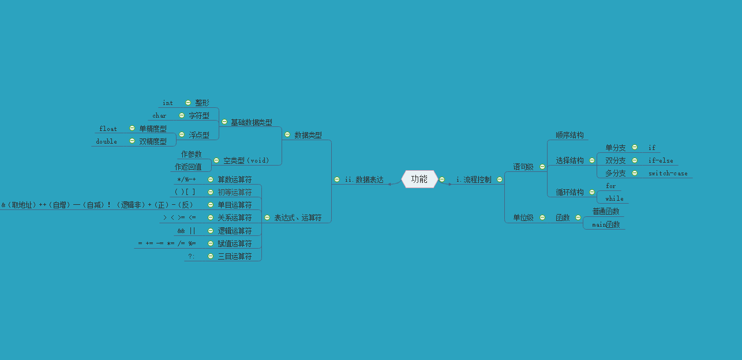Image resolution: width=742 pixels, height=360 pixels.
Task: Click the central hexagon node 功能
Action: [419, 179]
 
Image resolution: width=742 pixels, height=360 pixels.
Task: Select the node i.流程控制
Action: [474, 180]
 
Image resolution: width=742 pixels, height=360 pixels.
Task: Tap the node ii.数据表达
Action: [363, 180]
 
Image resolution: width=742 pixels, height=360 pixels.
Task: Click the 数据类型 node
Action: [308, 135]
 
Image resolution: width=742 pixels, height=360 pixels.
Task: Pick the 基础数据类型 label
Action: [251, 122]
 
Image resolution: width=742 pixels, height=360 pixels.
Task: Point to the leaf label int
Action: [167, 103]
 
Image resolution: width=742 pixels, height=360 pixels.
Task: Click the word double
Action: [106, 141]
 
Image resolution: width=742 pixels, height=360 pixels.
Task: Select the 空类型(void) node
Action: [246, 160]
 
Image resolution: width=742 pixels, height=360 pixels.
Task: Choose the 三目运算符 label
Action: [234, 256]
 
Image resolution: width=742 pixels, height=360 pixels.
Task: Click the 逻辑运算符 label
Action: [234, 231]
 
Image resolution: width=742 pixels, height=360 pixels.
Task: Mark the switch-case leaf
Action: [668, 173]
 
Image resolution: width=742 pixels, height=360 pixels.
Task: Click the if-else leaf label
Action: [661, 160]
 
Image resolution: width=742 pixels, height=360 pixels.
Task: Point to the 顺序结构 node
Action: [569, 135]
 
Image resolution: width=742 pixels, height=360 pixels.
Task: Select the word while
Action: [614, 198]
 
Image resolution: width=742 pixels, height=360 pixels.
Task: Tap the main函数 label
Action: [606, 224]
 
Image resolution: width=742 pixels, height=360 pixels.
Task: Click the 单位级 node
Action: [523, 217]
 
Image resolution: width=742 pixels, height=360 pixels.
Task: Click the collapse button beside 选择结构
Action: [592, 160]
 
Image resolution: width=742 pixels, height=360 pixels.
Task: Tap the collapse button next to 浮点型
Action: [181, 134]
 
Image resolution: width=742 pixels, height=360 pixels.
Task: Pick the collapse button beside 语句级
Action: [542, 167]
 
